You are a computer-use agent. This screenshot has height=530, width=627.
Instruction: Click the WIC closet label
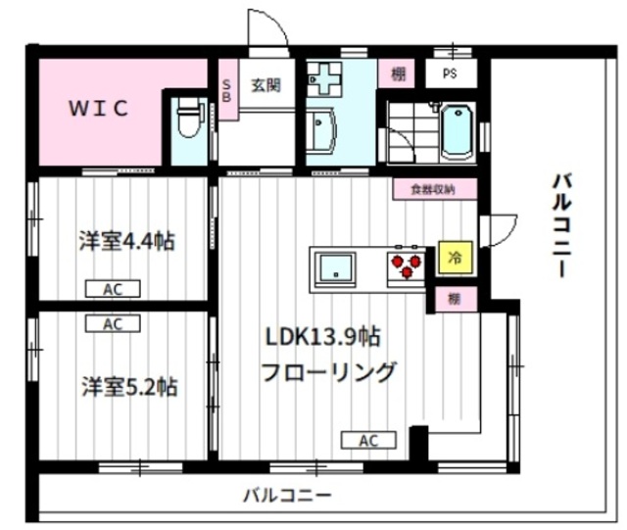coord(99,108)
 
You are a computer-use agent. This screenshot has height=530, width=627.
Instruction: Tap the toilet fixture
coord(190,120)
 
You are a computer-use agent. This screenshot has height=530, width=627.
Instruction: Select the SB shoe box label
coord(226,91)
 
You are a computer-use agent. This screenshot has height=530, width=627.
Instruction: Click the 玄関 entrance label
coord(265,85)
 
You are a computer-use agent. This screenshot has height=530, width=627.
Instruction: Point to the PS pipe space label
coord(450,73)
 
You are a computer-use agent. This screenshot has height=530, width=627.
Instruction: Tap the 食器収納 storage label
coord(434,189)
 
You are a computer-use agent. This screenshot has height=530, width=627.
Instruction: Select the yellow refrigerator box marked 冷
coord(455,258)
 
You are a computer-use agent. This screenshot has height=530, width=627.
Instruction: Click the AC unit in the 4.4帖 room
coord(113,289)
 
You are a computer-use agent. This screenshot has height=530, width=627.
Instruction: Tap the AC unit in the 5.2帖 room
coord(113,323)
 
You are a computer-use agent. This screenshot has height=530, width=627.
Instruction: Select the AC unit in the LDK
coord(368,440)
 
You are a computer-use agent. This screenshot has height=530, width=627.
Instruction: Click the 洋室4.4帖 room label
coord(126,241)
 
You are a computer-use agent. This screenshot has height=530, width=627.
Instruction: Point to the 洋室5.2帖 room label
coord(129,386)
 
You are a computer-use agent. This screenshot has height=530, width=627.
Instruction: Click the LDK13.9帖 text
coord(322,337)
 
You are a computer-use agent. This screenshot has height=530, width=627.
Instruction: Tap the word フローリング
coord(328,372)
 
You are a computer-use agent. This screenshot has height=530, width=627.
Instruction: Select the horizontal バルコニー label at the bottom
coord(287,496)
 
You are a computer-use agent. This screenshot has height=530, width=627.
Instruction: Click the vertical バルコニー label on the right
coord(561,225)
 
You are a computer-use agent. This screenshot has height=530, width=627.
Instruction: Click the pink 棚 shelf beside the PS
coord(398,73)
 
